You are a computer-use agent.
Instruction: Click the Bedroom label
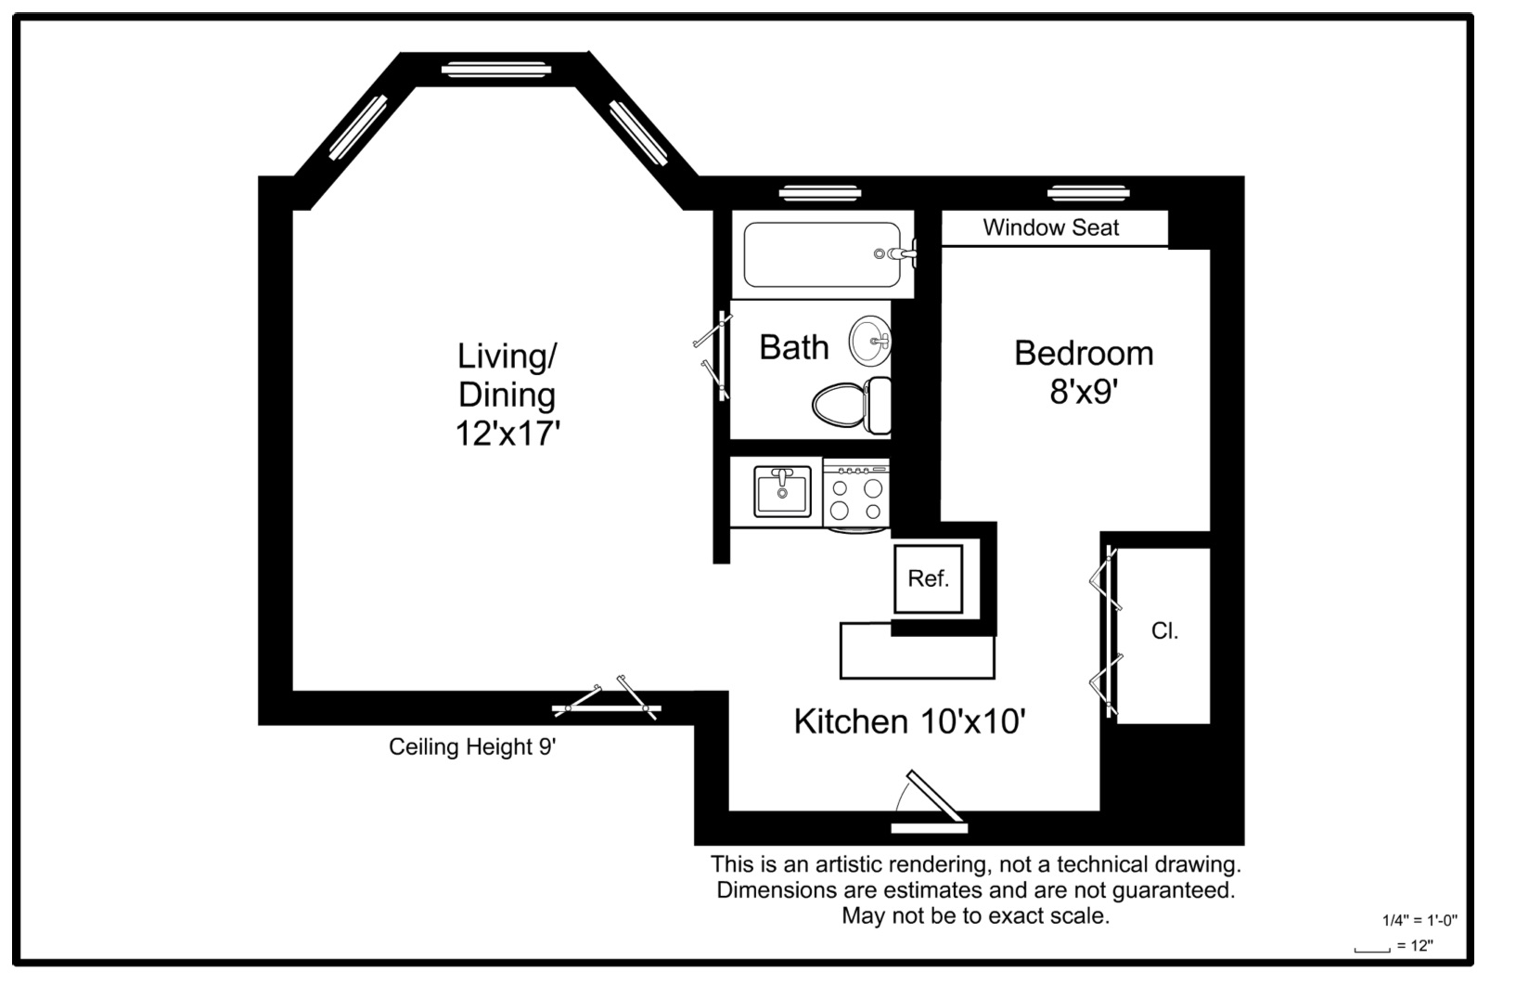tap(1084, 353)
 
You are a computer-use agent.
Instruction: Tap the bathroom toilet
tap(851, 405)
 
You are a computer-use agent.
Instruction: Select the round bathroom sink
tap(870, 341)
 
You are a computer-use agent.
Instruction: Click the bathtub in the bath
tap(823, 255)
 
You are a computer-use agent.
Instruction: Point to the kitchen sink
tap(782, 490)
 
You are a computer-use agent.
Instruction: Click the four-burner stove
tap(856, 496)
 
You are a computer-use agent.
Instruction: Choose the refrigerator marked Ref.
tap(929, 578)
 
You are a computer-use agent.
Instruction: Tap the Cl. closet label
tap(1164, 630)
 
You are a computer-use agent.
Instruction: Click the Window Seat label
tap(1050, 227)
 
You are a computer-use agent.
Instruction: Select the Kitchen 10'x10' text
tap(910, 721)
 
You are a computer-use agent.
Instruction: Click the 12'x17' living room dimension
tap(508, 434)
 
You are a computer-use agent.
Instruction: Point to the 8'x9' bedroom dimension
tap(1084, 392)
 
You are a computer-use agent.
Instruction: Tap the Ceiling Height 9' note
tap(472, 746)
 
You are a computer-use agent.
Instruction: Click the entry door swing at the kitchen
tap(930, 803)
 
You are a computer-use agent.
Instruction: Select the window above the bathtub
tap(820, 193)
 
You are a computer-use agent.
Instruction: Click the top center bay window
tap(496, 70)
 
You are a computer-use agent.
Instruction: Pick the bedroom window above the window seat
tap(1088, 193)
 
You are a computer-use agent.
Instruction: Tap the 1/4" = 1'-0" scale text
tap(1420, 920)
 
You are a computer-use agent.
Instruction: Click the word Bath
tap(794, 347)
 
